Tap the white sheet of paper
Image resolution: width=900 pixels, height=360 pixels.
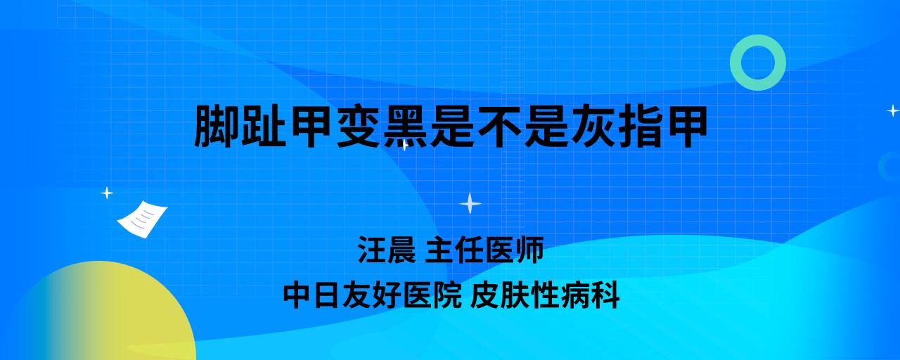(142, 219)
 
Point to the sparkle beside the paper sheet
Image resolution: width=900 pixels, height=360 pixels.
(107, 193)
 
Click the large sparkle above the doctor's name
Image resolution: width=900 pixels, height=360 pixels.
(470, 203)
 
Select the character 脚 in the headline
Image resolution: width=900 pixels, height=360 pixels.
(217, 126)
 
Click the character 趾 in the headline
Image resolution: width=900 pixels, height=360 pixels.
(264, 126)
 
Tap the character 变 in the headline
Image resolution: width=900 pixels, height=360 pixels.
(359, 126)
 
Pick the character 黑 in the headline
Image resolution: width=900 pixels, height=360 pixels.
(406, 126)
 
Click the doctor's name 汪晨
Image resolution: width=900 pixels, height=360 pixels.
(387, 250)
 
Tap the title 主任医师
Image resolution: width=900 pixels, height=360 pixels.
(484, 250)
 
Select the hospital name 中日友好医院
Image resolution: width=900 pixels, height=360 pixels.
(372, 295)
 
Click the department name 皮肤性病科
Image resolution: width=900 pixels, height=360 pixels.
(545, 295)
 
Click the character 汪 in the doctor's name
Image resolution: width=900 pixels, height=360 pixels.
(372, 250)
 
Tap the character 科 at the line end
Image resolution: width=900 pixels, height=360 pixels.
(605, 295)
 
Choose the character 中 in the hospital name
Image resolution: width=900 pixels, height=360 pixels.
(297, 295)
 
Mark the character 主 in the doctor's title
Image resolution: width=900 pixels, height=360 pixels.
(440, 250)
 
